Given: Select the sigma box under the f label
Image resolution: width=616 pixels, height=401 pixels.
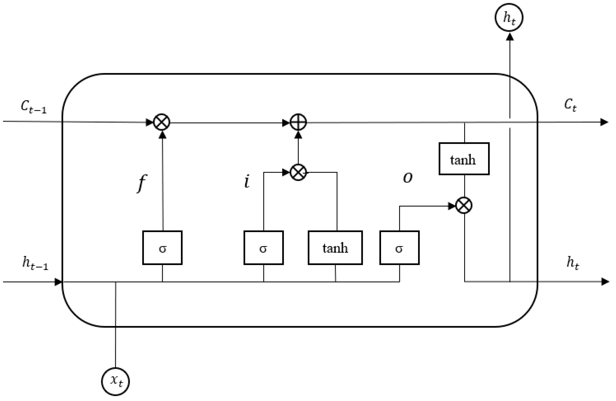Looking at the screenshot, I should pyautogui.click(x=162, y=248).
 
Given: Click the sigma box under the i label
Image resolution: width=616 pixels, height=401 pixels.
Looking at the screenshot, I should pyautogui.click(x=263, y=248).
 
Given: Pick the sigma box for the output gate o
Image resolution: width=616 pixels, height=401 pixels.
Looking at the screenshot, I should pyautogui.click(x=399, y=248).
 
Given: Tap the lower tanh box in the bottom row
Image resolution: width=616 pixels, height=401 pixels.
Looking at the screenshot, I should pyautogui.click(x=335, y=248).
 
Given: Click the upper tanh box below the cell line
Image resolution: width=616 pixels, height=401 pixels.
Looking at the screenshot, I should pyautogui.click(x=464, y=159).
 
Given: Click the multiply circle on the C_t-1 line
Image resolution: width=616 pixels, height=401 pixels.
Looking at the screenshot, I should pyautogui.click(x=162, y=122).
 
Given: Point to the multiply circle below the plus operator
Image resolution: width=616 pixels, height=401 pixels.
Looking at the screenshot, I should pyautogui.click(x=298, y=172).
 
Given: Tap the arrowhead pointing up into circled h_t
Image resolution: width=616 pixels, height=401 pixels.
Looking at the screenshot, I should pyautogui.click(x=510, y=37).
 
